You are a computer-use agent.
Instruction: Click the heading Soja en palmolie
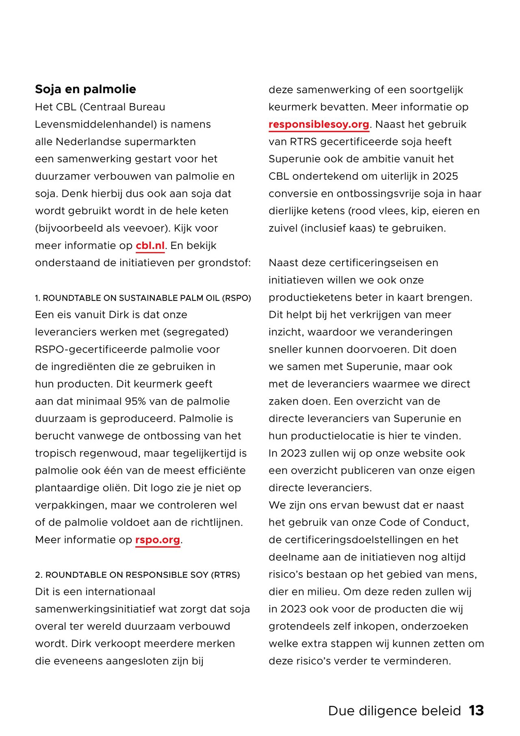[x=85, y=89]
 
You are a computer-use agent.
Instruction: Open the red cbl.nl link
[x=150, y=246]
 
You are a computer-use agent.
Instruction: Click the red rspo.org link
[x=158, y=540]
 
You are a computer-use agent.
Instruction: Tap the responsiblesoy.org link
[x=319, y=124]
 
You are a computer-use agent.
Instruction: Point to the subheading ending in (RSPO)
[x=143, y=298]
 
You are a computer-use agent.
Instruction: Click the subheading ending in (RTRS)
[x=137, y=575]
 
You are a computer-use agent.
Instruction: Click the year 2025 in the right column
[x=445, y=176]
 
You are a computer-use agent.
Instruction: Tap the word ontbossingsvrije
[x=380, y=194]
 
